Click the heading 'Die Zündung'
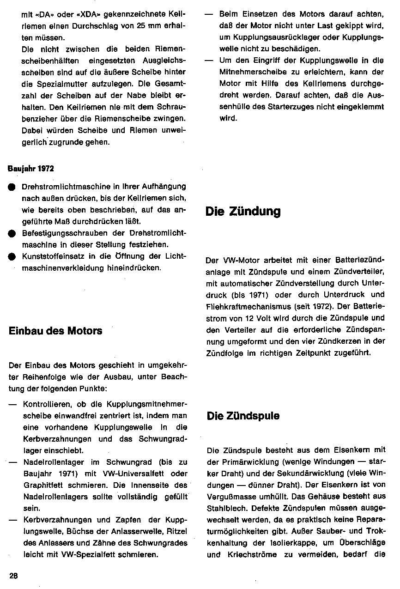[243, 212]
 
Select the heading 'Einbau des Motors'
[55, 331]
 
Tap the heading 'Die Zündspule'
[243, 416]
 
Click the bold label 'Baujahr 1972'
[30, 169]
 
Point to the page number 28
[13, 575]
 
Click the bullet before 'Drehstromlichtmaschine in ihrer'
[11, 187]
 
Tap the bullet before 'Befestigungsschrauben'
[11, 234]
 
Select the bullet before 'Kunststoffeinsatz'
[11, 257]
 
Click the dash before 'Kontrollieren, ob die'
[13, 403]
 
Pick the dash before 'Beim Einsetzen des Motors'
[210, 15]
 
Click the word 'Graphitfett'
[44, 485]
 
